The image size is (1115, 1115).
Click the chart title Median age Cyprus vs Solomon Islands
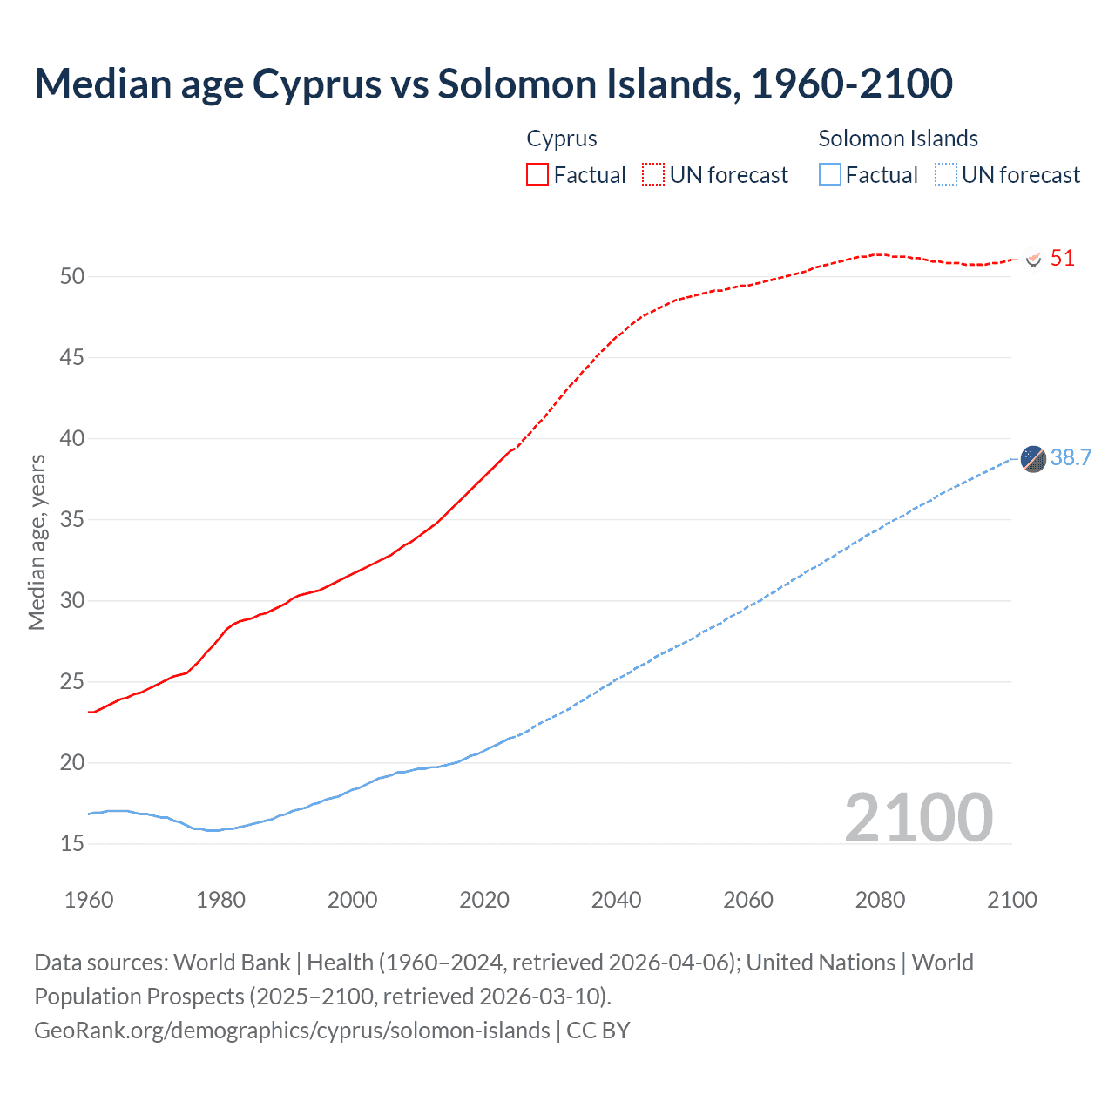pos(493,84)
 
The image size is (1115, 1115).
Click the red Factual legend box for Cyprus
pos(537,174)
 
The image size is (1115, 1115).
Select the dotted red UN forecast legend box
pos(653,174)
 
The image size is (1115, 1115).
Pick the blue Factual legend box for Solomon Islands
pos(830,174)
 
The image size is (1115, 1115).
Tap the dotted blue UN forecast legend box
pos(945,174)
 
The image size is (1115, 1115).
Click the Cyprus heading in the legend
pos(562,139)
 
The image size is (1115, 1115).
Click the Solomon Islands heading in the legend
pos(898,139)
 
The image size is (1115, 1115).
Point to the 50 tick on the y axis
pos(72,276)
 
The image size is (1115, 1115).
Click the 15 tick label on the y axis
pos(72,843)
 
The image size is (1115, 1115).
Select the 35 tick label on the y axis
pos(72,519)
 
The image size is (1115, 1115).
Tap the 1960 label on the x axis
pos(89,900)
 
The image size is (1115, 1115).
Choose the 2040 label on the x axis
pos(616,900)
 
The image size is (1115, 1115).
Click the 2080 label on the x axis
pos(880,900)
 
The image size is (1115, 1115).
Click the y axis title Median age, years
pos(37,542)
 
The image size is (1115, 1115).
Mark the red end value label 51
pos(1062,259)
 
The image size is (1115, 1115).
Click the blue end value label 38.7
pos(1071,458)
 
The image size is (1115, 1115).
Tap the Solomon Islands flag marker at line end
pos(1033,458)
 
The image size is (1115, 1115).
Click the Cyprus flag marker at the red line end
pos(1034,260)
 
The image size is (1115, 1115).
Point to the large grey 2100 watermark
pos(918,817)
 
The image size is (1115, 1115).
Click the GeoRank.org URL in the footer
pos(292,1030)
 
